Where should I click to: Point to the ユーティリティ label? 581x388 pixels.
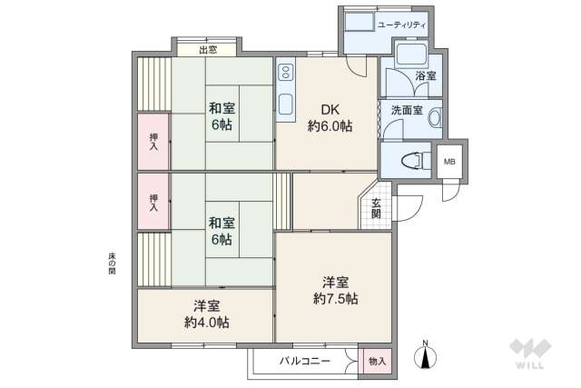pos(402,24)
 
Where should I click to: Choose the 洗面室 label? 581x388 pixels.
pos(407,110)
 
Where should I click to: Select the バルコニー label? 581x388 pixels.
pos(304,361)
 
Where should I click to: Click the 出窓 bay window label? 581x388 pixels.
pos(208,49)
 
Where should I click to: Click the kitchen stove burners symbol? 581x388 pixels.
pos(286,71)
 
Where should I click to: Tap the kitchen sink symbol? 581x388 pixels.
pos(286,102)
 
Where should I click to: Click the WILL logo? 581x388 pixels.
pos(529,354)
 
